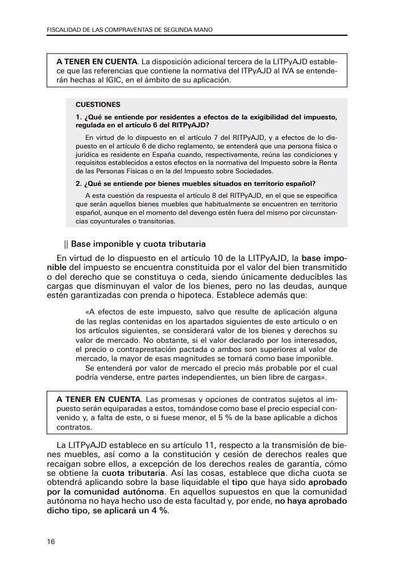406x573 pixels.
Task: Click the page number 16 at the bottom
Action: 51,541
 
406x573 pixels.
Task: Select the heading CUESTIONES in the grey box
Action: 98,105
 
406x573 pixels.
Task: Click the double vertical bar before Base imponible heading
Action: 67,245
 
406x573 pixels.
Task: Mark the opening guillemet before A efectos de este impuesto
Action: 86,312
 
